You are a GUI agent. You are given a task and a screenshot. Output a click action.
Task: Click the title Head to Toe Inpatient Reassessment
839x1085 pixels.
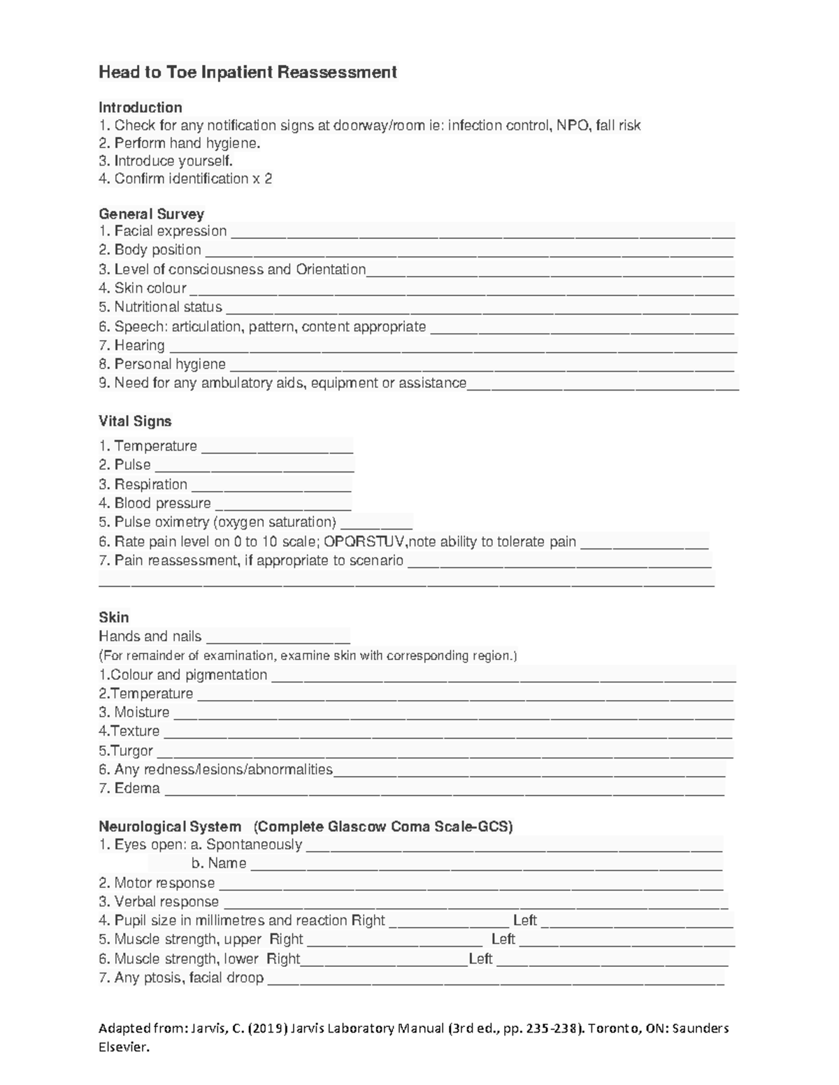248,72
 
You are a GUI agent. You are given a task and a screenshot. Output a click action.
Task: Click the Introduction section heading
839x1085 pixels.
140,108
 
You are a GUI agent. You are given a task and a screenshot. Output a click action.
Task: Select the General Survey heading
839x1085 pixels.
151,214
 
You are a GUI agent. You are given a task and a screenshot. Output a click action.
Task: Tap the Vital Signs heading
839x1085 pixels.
135,421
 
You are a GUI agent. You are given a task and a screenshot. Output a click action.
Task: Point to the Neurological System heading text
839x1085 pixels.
170,827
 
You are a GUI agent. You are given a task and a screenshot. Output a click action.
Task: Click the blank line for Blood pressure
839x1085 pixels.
283,505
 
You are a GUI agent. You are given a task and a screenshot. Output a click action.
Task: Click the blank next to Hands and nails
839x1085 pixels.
278,638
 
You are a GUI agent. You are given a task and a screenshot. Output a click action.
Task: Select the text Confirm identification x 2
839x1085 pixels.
185,179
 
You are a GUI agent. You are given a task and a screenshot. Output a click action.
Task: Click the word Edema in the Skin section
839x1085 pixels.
137,788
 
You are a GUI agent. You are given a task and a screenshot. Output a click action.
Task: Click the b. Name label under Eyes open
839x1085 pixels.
218,864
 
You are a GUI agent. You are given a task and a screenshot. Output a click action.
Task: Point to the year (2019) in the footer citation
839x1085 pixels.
266,1028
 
